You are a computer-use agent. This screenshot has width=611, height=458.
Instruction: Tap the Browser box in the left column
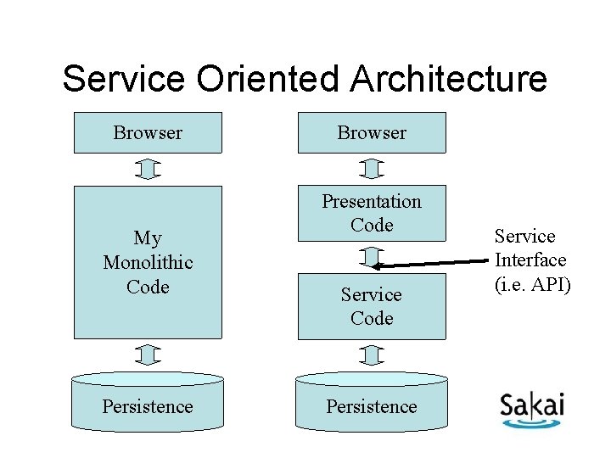(x=148, y=132)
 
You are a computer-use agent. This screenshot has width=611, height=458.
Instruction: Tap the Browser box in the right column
(x=372, y=132)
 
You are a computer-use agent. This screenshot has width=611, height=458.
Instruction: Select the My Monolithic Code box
(x=148, y=262)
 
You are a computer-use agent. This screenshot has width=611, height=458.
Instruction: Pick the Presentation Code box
(x=372, y=213)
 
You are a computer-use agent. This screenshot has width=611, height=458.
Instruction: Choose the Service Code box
(x=372, y=306)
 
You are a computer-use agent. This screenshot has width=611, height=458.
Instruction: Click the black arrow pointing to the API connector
(x=433, y=256)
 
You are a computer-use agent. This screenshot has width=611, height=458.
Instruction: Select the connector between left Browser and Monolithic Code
(x=148, y=170)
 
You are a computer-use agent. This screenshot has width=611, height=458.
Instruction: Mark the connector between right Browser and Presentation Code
(x=372, y=170)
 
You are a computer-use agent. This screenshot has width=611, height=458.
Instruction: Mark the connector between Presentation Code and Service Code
(x=372, y=256)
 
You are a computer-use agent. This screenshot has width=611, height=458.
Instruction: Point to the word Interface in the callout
(x=530, y=260)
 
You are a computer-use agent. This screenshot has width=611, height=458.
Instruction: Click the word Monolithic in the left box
(x=148, y=263)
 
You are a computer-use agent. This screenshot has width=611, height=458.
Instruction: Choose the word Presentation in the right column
(x=372, y=202)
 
